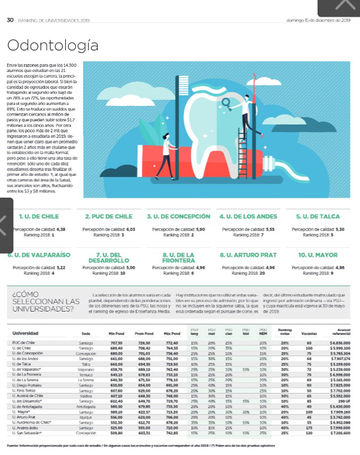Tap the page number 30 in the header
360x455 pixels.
coord(10,20)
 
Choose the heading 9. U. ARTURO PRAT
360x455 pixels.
coord(247,255)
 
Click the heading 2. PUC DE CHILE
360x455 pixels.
coord(109,216)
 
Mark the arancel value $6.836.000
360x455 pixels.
coord(335,342)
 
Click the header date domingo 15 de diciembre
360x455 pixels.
coord(318,20)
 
